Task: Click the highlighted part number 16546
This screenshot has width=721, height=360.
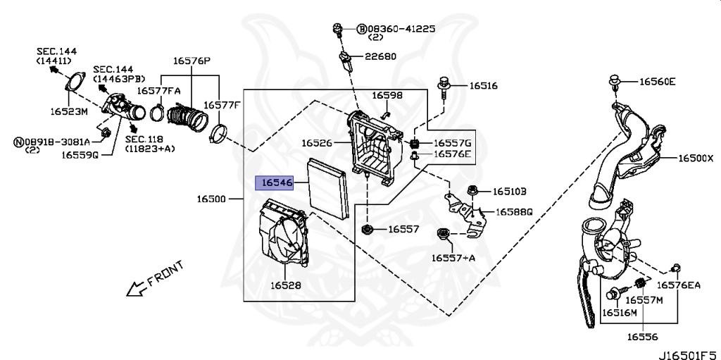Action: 277,183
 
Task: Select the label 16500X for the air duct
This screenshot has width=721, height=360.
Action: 696,158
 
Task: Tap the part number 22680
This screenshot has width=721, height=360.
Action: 380,56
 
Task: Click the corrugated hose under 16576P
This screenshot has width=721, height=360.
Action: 186,118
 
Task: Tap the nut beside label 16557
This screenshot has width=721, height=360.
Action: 368,229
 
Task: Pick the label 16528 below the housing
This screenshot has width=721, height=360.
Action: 286,285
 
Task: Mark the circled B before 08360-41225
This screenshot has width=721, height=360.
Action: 361,30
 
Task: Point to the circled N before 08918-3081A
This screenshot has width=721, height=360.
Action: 18,142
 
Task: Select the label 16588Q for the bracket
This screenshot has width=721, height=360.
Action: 513,212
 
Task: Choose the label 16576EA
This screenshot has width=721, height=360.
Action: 678,285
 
